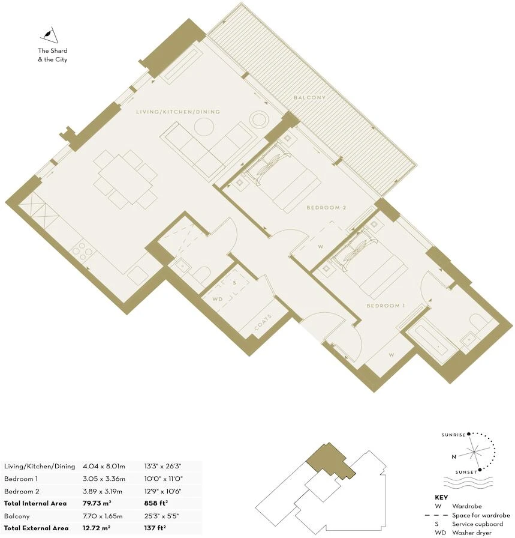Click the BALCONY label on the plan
(x=310, y=98)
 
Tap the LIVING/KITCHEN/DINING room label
(x=178, y=112)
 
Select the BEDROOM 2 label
(x=326, y=208)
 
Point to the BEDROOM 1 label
(x=386, y=306)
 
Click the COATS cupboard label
(x=263, y=322)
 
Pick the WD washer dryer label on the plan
(x=218, y=299)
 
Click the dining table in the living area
(x=125, y=179)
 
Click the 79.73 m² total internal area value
(x=97, y=503)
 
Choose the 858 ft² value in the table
(x=156, y=503)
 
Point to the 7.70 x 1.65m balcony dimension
(x=103, y=516)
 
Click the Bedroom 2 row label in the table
(x=22, y=491)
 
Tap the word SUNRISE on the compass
(x=453, y=435)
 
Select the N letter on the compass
(x=454, y=457)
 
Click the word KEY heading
(x=441, y=498)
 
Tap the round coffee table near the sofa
(x=204, y=127)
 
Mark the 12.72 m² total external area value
(x=97, y=528)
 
